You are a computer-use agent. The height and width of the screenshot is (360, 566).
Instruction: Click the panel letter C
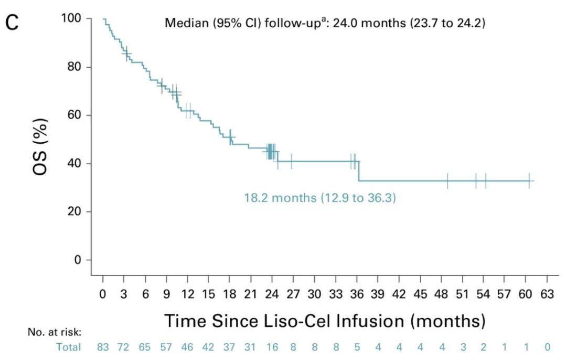[12, 24]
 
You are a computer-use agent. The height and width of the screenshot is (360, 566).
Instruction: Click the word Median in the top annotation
[181, 24]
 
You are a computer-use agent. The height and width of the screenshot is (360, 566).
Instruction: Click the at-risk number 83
[103, 347]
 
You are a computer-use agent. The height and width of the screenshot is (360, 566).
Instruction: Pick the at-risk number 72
[124, 347]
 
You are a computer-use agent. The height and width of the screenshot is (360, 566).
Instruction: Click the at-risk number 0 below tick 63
[547, 347]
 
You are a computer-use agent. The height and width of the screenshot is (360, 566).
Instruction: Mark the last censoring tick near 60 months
[529, 181]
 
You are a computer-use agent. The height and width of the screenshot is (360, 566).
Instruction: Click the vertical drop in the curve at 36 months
[359, 171]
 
